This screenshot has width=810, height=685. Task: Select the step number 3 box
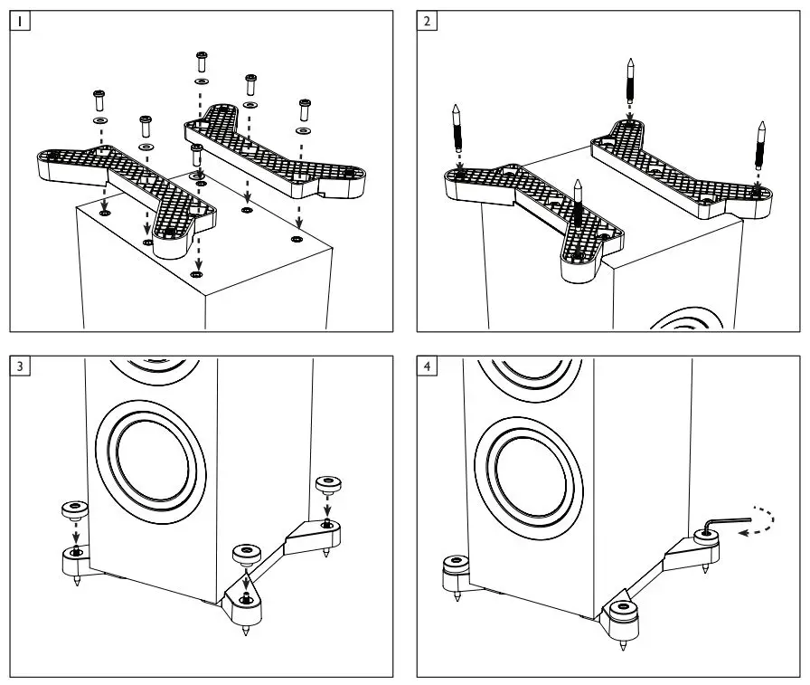20,366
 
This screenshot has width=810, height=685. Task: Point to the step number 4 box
427,366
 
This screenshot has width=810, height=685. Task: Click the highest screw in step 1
202,62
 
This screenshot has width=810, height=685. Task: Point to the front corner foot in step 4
622,615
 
